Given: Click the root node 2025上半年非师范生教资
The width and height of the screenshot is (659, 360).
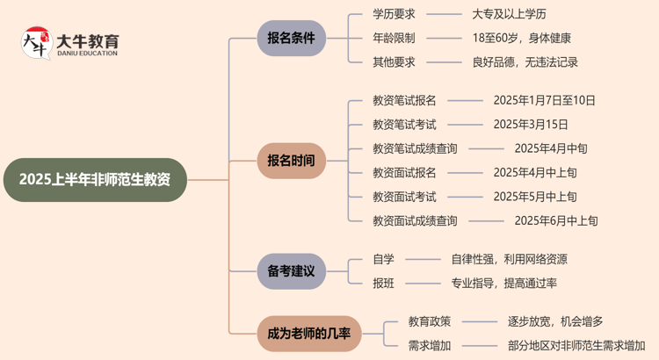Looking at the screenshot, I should [x=95, y=180].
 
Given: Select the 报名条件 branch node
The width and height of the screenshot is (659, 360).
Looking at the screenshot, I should [x=291, y=39].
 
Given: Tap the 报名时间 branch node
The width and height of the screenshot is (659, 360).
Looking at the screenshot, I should [x=291, y=161].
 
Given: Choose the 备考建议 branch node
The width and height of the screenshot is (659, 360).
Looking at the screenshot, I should [x=291, y=270].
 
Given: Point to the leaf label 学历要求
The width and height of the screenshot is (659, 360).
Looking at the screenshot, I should [x=394, y=15].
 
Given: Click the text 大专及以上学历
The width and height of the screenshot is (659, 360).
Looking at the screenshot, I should [x=509, y=15].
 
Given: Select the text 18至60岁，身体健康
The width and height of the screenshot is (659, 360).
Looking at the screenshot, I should [x=521, y=39].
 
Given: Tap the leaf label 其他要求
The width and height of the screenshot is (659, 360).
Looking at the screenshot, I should [x=394, y=62].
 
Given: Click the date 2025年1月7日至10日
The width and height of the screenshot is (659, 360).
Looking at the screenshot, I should [x=544, y=100].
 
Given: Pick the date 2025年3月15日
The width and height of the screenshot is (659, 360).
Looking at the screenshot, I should [x=531, y=124].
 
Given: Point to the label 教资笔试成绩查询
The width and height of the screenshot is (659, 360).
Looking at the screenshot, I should [x=415, y=148].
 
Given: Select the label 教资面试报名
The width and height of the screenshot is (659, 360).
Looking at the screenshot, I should [x=404, y=172].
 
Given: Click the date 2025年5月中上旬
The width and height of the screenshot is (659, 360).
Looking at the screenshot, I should [x=535, y=197].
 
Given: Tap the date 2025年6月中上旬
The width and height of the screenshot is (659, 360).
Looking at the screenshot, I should [x=556, y=220].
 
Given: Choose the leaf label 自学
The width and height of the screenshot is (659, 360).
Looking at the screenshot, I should [x=383, y=259].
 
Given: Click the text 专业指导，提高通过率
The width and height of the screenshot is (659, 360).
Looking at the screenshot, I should [x=503, y=283].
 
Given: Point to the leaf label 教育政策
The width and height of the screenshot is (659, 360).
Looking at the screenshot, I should [x=430, y=321].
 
